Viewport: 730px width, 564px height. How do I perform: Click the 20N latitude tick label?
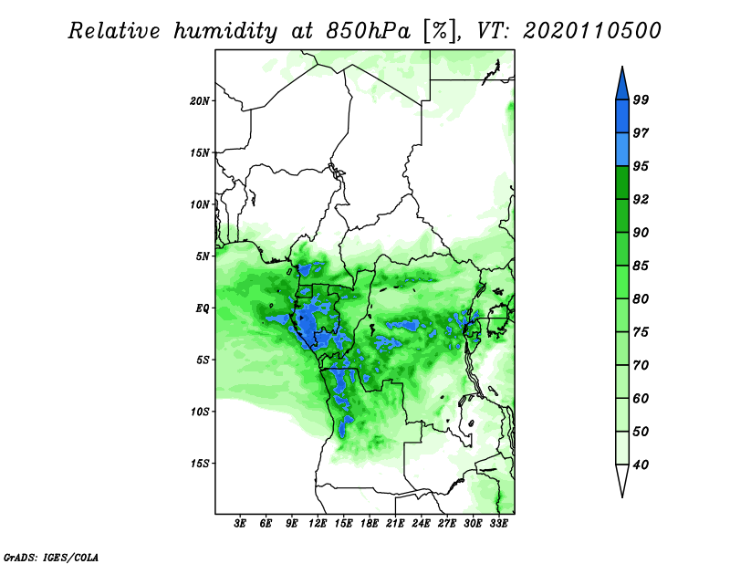tap(200, 101)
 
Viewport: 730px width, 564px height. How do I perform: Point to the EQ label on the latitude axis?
tap(203, 308)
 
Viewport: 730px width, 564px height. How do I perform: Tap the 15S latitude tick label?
tap(200, 464)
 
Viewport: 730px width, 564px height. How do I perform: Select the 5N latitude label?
tap(203, 256)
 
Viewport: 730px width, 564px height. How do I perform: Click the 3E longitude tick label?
tap(240, 523)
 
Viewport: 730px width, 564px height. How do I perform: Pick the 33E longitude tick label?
tap(498, 523)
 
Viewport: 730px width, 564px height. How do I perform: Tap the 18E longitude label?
tap(370, 523)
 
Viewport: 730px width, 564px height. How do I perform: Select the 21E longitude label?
tap(395, 523)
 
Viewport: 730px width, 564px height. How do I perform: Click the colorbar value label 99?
tap(641, 99)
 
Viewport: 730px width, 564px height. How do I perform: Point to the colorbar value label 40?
tap(641, 465)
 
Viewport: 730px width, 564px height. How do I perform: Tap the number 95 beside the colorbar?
tap(641, 166)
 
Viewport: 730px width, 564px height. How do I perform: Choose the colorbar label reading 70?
tap(641, 365)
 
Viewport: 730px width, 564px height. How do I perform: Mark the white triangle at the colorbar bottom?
tap(622, 479)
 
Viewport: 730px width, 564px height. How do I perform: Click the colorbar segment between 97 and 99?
tap(622, 117)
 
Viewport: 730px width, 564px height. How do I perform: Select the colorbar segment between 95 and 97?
tap(622, 150)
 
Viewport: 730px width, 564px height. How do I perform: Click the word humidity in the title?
tap(225, 31)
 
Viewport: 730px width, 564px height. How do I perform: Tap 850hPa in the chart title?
tap(369, 31)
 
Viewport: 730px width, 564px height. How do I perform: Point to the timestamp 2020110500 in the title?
tap(591, 31)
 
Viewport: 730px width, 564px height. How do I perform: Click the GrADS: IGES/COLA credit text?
tap(51, 557)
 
